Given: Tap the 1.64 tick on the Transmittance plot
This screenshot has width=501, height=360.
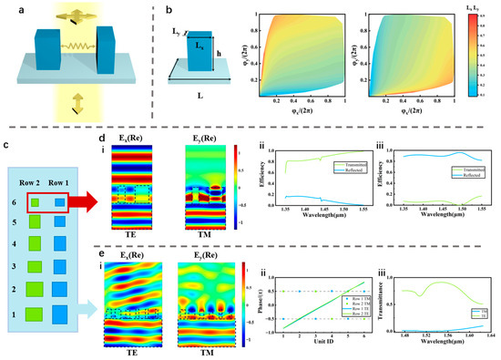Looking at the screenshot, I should (x=490, y=344).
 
